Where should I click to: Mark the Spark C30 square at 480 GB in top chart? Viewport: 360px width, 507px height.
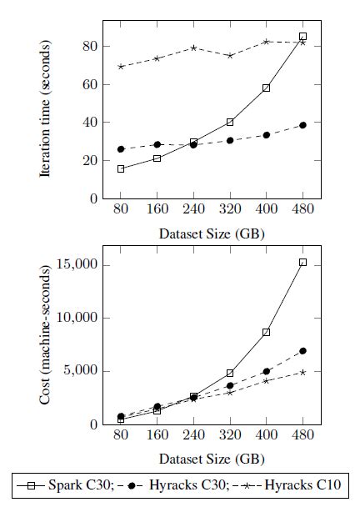[302, 37]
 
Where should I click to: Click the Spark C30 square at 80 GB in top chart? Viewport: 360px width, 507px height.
[121, 168]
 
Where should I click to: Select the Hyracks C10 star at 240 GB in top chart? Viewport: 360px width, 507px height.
[193, 48]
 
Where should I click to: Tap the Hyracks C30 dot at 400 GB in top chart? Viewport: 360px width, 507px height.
[266, 135]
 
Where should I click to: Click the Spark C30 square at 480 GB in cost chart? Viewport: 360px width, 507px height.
[302, 262]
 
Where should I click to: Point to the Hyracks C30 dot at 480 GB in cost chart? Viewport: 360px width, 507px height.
[302, 351]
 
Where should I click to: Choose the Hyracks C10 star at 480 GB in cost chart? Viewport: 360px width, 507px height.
[302, 372]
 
